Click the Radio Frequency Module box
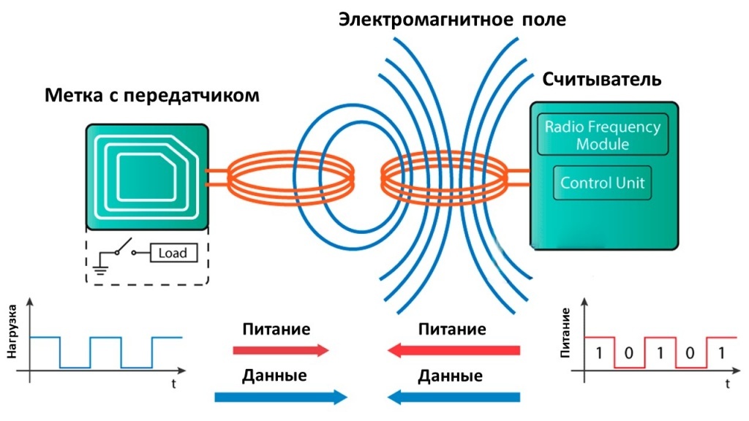[x=603, y=134]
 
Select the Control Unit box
[x=603, y=183]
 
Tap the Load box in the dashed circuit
[x=173, y=253]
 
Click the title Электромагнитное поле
[x=452, y=20]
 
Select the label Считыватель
[x=601, y=79]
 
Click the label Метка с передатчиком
[x=152, y=96]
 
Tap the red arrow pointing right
[x=281, y=350]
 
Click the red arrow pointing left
[x=453, y=350]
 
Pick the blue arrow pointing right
[x=281, y=397]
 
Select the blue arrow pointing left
[x=453, y=397]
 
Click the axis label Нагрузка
[x=12, y=332]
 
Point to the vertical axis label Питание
[x=565, y=333]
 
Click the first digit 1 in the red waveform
[x=598, y=353]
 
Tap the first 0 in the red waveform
[x=628, y=353]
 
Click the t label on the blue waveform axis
[x=174, y=384]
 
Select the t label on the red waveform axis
[x=728, y=384]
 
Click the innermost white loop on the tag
[x=146, y=177]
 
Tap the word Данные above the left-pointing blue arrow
[x=450, y=376]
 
